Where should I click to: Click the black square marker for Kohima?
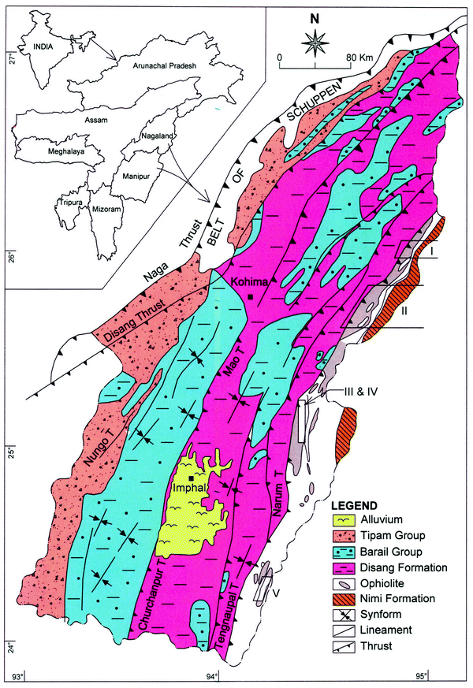tap(250, 296)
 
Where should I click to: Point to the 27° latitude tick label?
tap(8, 58)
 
